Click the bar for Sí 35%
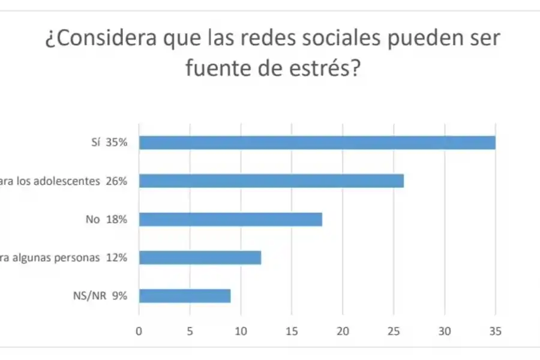click(317, 142)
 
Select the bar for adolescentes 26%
click(271, 181)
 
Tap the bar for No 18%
click(230, 219)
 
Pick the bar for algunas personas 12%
click(200, 257)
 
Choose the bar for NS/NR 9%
click(185, 296)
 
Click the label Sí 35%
click(107, 143)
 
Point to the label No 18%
click(107, 219)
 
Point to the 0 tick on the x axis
click(139, 331)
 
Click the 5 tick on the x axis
click(190, 331)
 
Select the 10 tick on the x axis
click(241, 331)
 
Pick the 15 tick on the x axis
click(292, 331)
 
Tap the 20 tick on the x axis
click(343, 331)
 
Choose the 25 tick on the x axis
click(394, 331)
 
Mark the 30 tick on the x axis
click(445, 331)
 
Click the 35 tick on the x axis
click(495, 331)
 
